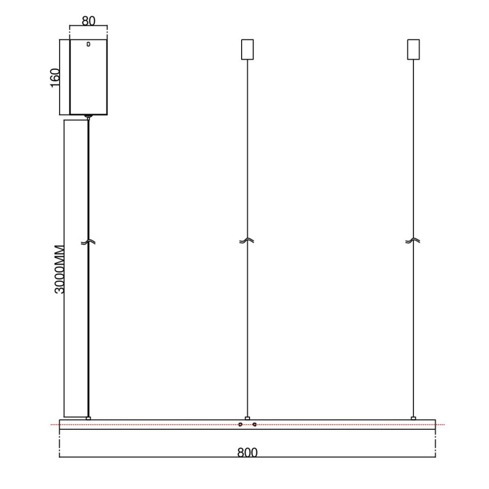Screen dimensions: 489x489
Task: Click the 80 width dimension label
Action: point(88,20)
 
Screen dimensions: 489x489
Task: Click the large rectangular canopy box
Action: point(88,77)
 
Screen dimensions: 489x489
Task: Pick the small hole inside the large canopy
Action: point(88,43)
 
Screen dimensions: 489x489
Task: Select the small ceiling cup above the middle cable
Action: point(247,49)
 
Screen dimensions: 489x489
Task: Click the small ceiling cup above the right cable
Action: point(414,49)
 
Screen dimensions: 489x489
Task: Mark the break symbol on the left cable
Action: point(88,242)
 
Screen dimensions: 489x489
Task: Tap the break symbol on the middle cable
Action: point(247,241)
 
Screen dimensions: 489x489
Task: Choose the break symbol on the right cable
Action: point(414,241)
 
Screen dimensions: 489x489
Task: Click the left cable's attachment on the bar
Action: point(88,418)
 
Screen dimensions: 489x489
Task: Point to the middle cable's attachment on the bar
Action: point(247,418)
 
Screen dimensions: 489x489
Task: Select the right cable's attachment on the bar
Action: point(414,418)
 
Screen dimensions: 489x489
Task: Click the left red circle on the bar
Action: point(241,424)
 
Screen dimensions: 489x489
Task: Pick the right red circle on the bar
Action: point(255,424)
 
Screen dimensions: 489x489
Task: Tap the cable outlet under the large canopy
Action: point(88,117)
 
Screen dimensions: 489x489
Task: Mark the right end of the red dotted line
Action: point(444,424)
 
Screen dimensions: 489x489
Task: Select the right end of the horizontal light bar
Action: point(435,425)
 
